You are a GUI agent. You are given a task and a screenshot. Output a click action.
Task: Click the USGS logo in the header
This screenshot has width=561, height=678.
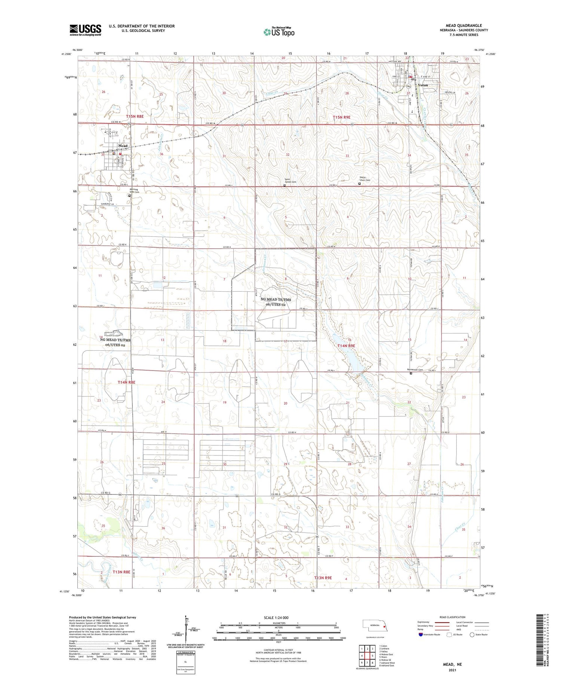tap(85, 30)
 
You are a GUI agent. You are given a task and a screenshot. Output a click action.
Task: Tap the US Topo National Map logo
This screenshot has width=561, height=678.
tap(279, 32)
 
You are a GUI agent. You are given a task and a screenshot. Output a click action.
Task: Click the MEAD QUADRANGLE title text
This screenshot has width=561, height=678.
tap(463, 25)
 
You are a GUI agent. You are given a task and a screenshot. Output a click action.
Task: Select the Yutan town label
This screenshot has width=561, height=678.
tap(423, 85)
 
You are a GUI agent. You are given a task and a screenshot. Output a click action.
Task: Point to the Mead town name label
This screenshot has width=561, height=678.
tap(123, 146)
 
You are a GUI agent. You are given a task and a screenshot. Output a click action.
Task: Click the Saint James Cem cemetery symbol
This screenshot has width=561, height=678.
tap(285, 185)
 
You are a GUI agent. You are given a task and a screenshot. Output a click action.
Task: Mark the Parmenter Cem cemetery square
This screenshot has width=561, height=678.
tap(411, 373)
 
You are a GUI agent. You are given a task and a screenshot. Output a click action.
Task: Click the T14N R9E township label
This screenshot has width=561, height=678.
tap(346, 346)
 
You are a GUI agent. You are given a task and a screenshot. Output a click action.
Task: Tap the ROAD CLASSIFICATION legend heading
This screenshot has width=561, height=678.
tap(453, 617)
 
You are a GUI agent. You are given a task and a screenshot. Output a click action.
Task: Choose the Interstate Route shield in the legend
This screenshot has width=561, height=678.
tap(421, 635)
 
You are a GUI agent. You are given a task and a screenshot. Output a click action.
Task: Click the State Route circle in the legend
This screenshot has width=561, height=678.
tap(472, 635)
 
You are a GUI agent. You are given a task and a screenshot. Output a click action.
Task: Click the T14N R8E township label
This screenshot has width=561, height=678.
tap(126, 382)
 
